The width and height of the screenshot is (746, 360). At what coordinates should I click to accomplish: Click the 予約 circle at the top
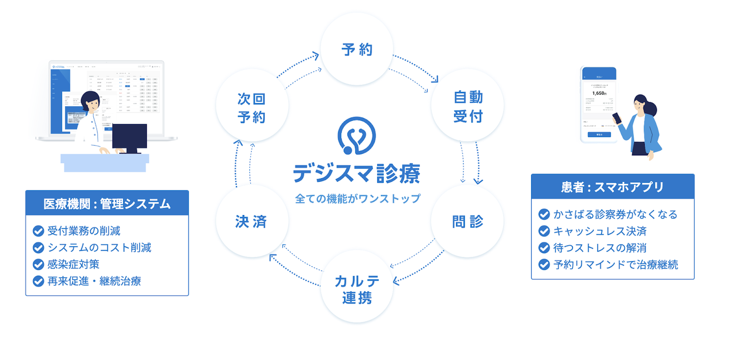[x=357, y=50]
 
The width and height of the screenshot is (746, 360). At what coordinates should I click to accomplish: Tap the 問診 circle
[x=468, y=222]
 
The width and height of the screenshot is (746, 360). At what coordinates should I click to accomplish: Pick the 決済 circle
[x=251, y=222]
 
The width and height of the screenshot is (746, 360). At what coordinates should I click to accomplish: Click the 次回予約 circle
[x=251, y=108]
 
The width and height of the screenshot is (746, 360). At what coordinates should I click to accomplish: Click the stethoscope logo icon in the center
[x=356, y=136]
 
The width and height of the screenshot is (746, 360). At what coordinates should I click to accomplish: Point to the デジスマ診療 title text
[x=356, y=174]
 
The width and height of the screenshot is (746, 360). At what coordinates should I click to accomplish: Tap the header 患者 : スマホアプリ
[x=612, y=187]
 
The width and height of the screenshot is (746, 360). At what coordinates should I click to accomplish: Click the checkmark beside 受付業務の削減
[x=38, y=231]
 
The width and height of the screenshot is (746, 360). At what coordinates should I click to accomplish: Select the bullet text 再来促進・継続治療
[x=94, y=281]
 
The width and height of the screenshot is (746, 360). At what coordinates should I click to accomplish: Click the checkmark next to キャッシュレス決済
[x=544, y=231]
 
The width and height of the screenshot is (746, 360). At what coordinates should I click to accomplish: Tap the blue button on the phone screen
[x=599, y=135]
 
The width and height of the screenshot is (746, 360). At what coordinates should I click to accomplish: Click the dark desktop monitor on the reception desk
[x=130, y=139]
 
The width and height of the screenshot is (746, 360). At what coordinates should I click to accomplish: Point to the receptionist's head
[x=90, y=102]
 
